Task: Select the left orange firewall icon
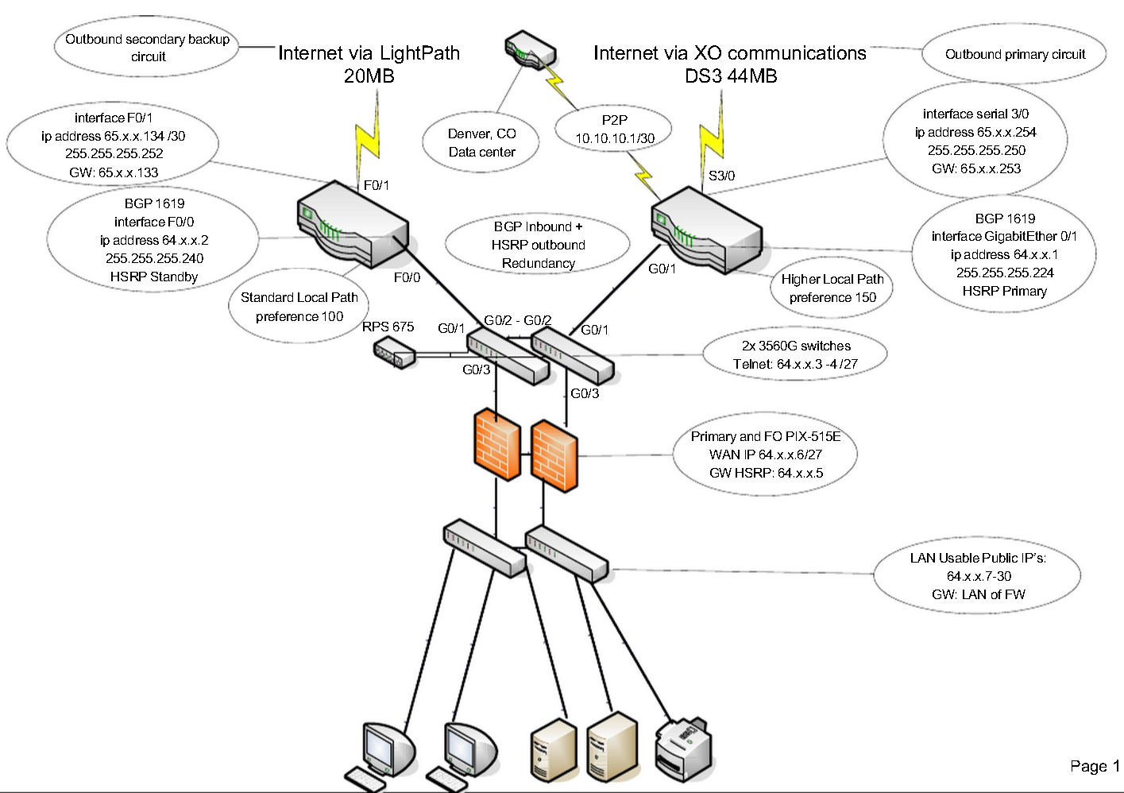pos(496,445)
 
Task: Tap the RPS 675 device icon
pos(394,352)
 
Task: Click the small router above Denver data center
pos(530,49)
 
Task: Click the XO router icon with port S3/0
pos(706,230)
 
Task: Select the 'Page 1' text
pos(1094,766)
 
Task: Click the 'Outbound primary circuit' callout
pos(1014,54)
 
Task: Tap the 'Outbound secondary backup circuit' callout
pos(147,48)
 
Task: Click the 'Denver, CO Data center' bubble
pos(481,143)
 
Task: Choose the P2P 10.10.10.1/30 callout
pos(614,129)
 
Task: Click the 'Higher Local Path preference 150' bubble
pos(832,288)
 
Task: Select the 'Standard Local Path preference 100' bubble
pos(299,307)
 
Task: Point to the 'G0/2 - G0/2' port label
pos(517,320)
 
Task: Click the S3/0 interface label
pos(721,176)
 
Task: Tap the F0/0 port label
pos(407,277)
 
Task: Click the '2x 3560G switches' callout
pos(795,354)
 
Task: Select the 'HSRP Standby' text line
pos(154,277)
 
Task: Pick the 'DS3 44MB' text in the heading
pos(731,76)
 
